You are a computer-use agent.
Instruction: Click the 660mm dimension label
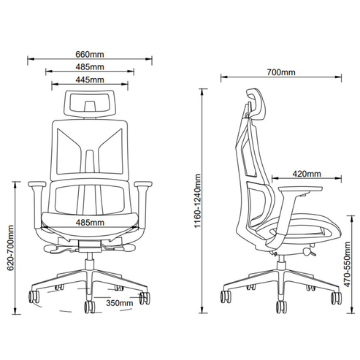(x=90, y=54)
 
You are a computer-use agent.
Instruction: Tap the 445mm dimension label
(x=90, y=80)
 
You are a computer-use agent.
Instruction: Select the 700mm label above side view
(x=281, y=72)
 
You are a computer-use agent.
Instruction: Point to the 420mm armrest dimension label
(x=307, y=174)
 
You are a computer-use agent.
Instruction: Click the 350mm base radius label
(x=120, y=303)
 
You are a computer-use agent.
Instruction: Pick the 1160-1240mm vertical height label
(x=197, y=201)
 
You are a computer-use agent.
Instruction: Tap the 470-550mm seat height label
(x=347, y=264)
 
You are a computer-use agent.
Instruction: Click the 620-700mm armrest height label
(x=10, y=248)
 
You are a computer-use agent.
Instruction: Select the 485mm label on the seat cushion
(x=90, y=223)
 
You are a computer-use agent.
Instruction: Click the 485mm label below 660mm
(x=90, y=66)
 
